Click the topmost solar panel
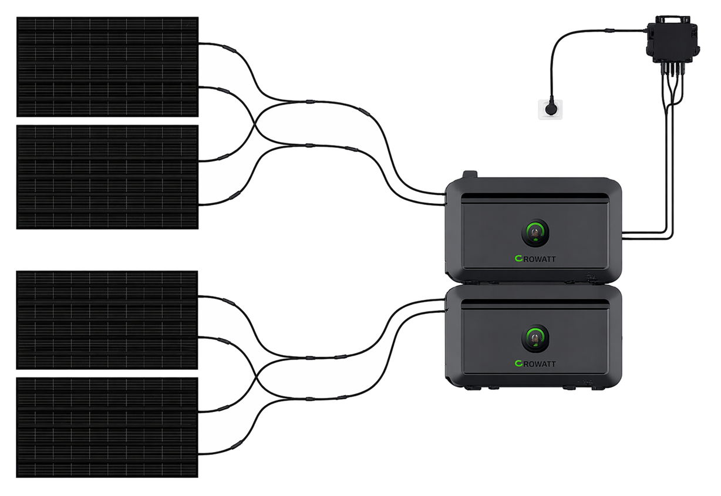107,67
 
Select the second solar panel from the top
107,177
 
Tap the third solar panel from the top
107,320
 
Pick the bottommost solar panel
107,427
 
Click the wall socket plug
551,109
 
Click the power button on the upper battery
535,232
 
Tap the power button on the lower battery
535,338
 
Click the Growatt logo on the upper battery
535,259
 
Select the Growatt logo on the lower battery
535,364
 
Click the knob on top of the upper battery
470,174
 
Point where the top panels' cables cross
255,123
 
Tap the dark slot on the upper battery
535,196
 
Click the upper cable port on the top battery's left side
446,194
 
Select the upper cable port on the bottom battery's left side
446,300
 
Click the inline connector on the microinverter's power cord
609,31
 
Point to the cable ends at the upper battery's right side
625,235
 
